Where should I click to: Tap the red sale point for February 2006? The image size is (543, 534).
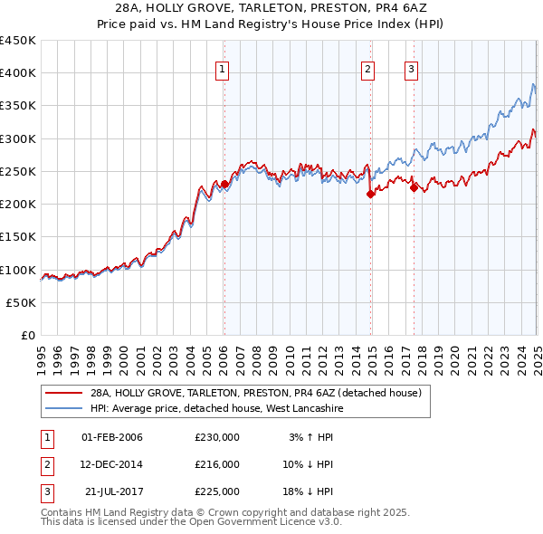pyautogui.click(x=224, y=184)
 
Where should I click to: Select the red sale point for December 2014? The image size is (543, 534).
pyautogui.click(x=371, y=194)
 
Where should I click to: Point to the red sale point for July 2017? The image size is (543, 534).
pyautogui.click(x=414, y=187)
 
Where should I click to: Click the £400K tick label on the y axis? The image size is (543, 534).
pyautogui.click(x=17, y=73)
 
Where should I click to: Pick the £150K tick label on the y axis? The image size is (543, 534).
pyautogui.click(x=17, y=237)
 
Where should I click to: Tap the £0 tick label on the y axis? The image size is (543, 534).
pyautogui.click(x=26, y=336)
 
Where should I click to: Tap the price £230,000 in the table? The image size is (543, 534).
pyautogui.click(x=217, y=437)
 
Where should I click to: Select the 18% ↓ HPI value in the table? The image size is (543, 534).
pyautogui.click(x=308, y=491)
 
